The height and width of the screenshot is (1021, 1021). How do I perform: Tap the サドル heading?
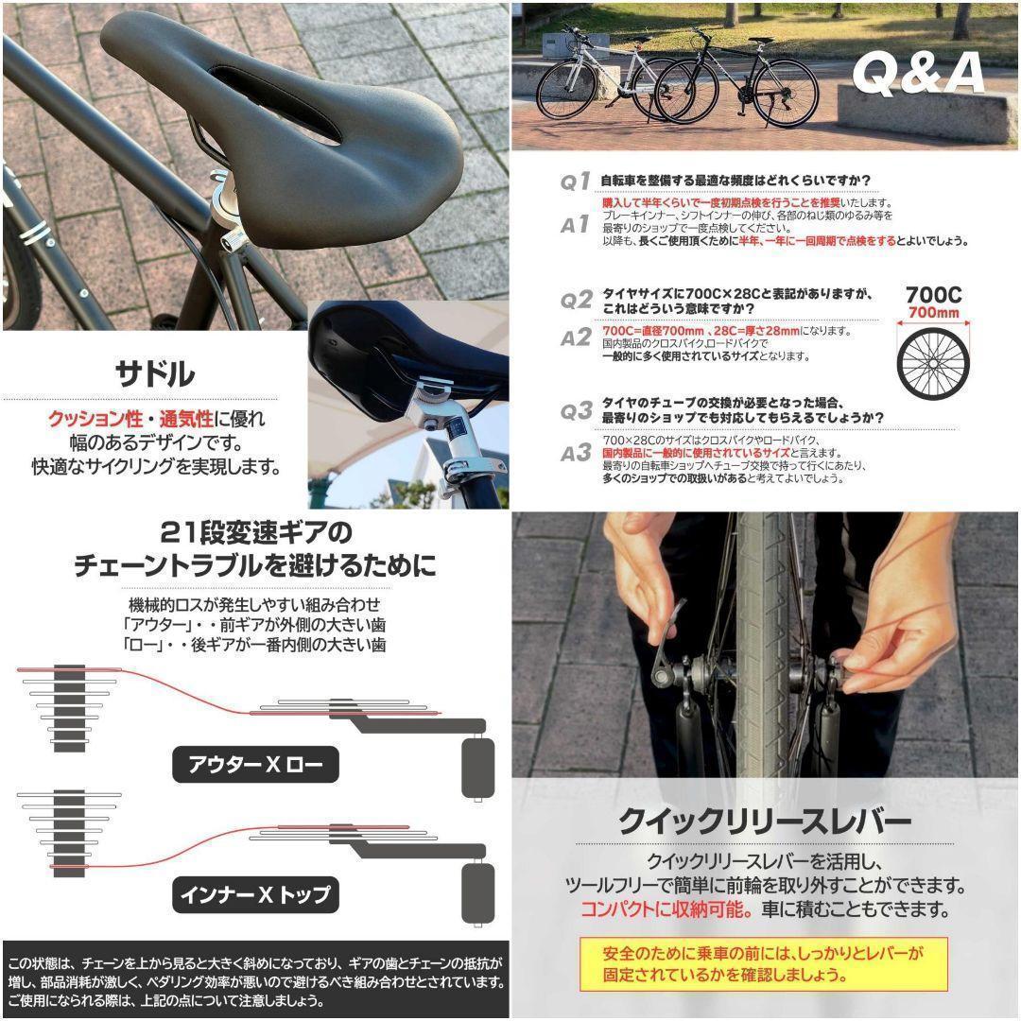[x=155, y=373]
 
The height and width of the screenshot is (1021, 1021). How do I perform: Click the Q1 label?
[x=575, y=182]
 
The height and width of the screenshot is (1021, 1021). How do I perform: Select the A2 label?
[x=575, y=337]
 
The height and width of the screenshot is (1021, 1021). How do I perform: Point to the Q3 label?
[x=575, y=411]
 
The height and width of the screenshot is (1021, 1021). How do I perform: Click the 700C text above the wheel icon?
[x=933, y=294]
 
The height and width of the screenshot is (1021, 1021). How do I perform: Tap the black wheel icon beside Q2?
[x=932, y=364]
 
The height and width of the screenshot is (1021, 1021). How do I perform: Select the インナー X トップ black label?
[x=255, y=892]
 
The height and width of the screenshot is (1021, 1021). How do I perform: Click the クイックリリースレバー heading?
[x=765, y=820]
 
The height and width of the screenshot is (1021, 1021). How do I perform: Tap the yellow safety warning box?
[x=764, y=963]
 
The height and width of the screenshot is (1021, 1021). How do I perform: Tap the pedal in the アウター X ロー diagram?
[x=477, y=767]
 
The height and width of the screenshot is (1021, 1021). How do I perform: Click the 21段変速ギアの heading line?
[x=255, y=531]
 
